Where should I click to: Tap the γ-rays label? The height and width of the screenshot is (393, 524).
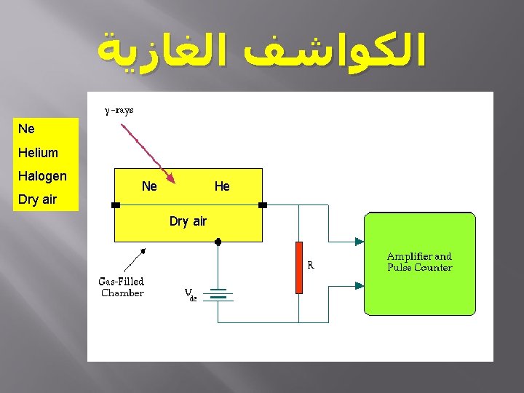tap(119, 111)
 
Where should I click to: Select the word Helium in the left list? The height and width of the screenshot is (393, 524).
tap(39, 153)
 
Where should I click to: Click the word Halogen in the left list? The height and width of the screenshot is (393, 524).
tap(42, 176)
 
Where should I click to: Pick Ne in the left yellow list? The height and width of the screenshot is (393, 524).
tap(26, 129)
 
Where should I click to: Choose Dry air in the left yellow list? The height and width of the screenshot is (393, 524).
tap(38, 199)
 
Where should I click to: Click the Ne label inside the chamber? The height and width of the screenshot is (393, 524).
tap(149, 186)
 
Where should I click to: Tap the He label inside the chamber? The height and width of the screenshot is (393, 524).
tap(222, 186)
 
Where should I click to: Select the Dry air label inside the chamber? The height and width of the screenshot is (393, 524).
tap(188, 221)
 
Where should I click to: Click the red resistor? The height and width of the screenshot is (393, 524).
tap(298, 267)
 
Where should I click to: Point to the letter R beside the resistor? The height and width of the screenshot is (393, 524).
tap(311, 266)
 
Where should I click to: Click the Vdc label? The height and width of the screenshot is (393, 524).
tap(190, 295)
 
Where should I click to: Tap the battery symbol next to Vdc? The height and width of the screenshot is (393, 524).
tap(218, 295)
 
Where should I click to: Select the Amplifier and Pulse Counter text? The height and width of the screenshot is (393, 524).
tap(419, 262)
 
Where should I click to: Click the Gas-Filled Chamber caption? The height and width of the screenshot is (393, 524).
tap(122, 287)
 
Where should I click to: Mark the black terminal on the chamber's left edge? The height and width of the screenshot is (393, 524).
tap(116, 205)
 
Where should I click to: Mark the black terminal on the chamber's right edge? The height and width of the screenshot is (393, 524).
tap(263, 205)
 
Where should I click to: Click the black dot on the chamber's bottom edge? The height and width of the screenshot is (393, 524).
tap(218, 241)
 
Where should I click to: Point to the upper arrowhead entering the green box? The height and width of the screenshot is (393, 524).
tap(359, 242)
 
